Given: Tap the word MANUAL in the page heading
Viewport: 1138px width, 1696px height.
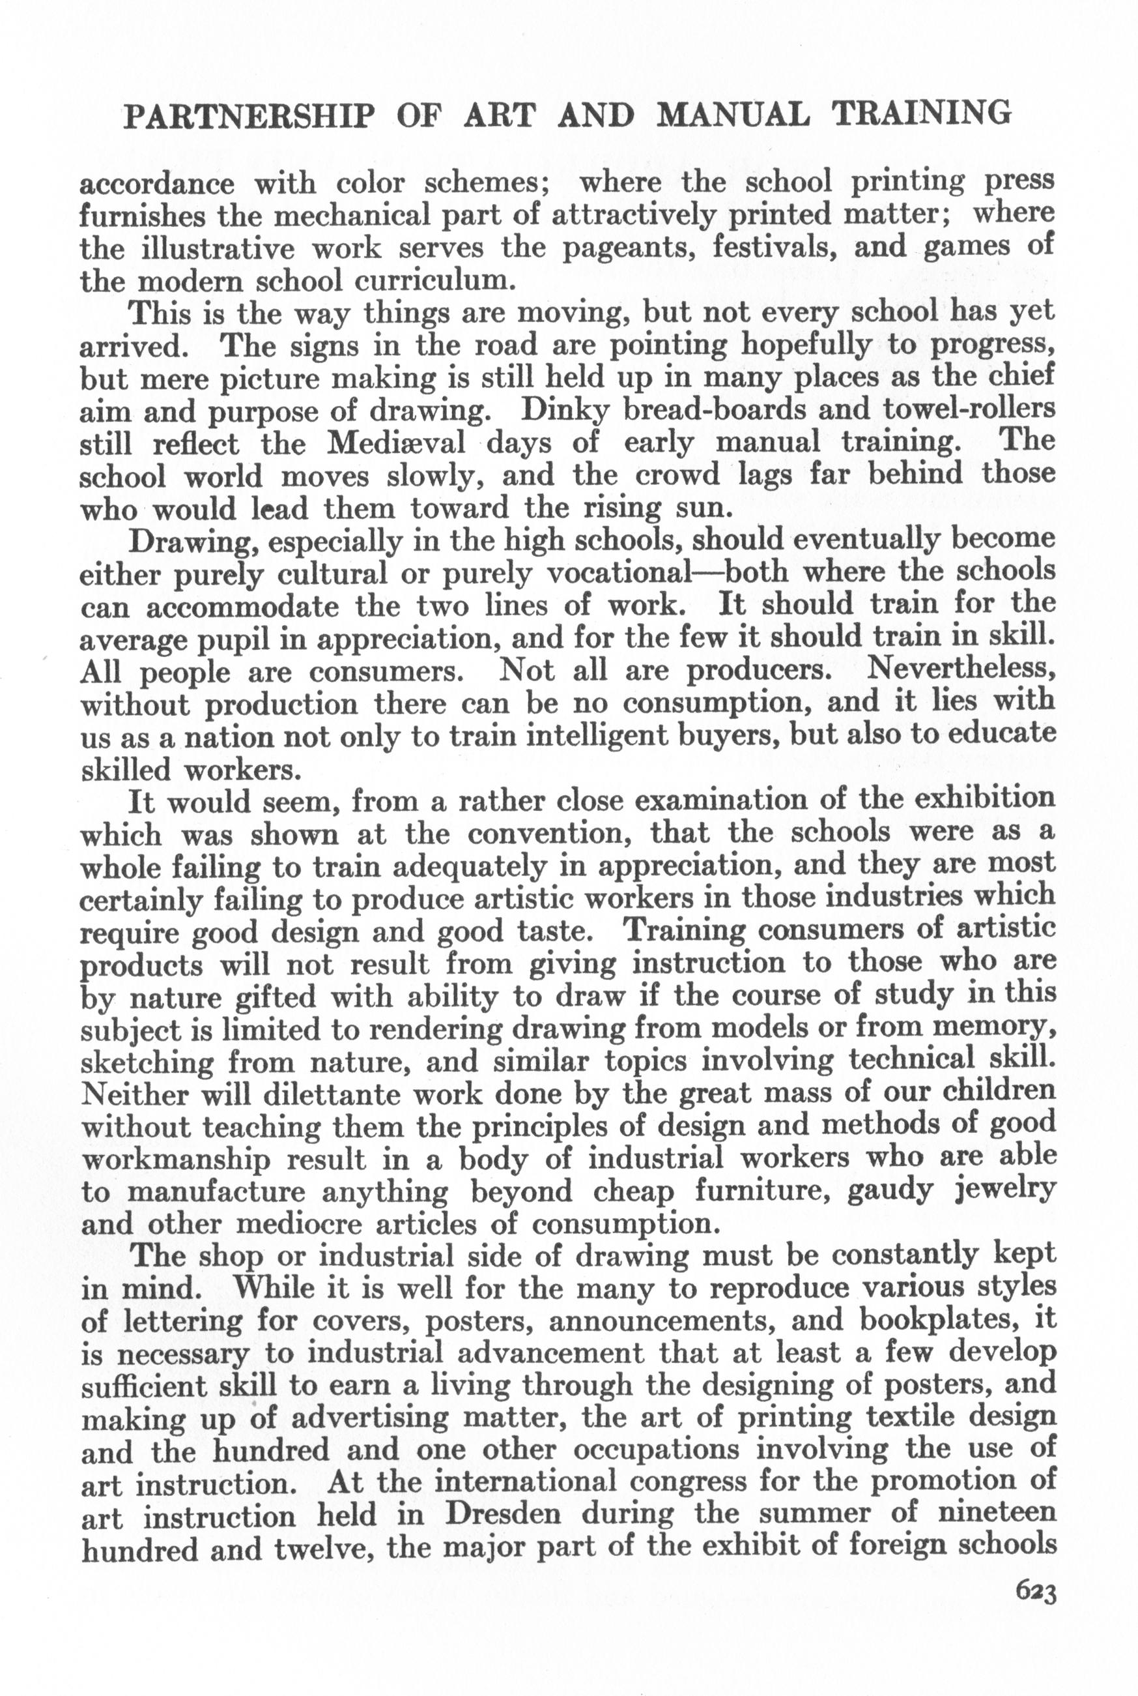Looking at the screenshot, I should pyautogui.click(x=732, y=115).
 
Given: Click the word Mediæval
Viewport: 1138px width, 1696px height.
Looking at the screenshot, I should pyautogui.click(x=396, y=442).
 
